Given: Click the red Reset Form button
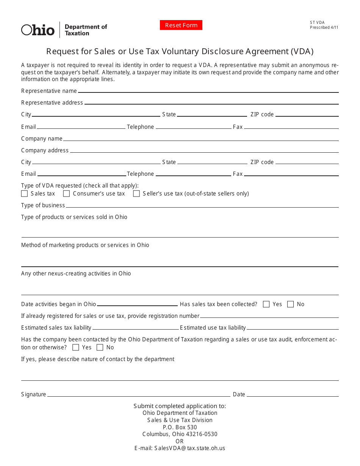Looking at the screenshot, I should tap(181, 25).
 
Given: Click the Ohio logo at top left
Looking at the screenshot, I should tap(38, 30).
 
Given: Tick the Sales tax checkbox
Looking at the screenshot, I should tap(25, 194).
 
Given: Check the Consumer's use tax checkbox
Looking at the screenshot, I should tap(66, 194).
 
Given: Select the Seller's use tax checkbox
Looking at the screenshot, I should tap(136, 194).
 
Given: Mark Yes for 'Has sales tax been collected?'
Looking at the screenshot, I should tap(266, 304).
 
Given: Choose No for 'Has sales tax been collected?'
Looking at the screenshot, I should tap(291, 304).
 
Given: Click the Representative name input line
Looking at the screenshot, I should tap(208, 91).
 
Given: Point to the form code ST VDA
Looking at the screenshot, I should tap(317, 23).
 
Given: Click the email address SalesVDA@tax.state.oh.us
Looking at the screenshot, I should tap(180, 448).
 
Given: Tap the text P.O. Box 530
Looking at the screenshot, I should tap(180, 427).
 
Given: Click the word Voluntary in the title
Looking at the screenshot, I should tap(185, 51).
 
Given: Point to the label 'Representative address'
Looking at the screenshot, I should tap(52, 103).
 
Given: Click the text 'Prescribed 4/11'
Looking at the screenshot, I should tap(324, 28).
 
